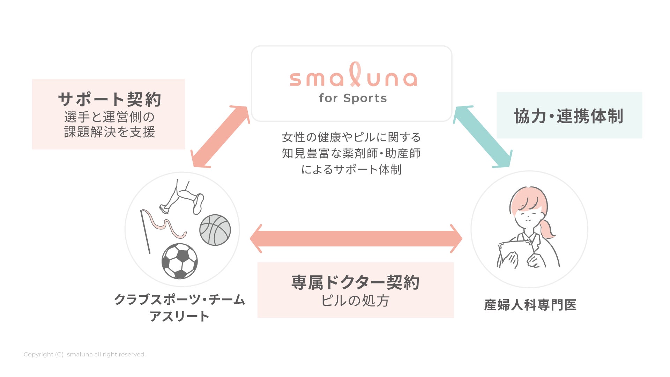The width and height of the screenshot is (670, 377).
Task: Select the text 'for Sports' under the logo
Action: click(x=353, y=98)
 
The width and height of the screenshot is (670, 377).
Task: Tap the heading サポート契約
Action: click(x=109, y=99)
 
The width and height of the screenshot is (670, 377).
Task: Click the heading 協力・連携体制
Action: click(x=569, y=116)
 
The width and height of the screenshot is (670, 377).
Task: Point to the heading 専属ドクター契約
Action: click(x=355, y=282)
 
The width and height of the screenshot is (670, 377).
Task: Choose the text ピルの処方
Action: click(x=355, y=301)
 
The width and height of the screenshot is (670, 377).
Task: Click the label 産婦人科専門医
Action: click(x=530, y=305)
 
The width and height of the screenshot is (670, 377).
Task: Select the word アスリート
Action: click(x=179, y=316)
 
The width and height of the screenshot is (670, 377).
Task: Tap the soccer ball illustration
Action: click(x=180, y=261)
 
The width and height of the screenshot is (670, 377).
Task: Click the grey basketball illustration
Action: click(x=215, y=230)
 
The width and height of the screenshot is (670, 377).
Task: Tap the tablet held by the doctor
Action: click(x=509, y=253)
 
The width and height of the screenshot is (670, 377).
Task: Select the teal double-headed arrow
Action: click(x=483, y=136)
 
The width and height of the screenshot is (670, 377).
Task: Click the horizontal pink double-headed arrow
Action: click(x=356, y=238)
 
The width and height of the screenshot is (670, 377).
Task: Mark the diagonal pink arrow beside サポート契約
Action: click(x=220, y=136)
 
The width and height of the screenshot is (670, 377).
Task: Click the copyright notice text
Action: click(x=84, y=354)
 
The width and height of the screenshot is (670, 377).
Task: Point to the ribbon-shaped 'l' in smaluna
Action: click(x=355, y=74)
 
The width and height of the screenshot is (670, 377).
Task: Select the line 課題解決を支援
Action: click(x=109, y=132)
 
